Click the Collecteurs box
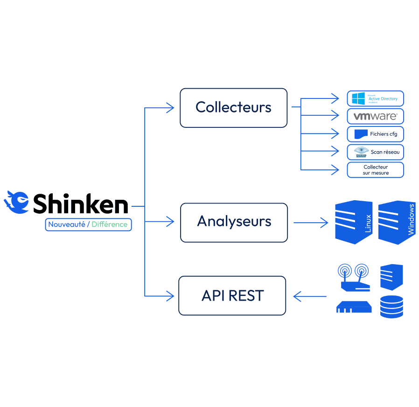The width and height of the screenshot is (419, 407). point(233,108)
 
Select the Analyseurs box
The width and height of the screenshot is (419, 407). point(234,222)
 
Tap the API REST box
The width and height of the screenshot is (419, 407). point(232,295)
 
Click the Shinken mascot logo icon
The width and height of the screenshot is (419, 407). point(16,202)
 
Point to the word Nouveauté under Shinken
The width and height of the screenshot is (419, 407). point(67,225)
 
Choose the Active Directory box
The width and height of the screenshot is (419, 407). point(376,98)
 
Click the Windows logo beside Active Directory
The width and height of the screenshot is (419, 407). point(358,98)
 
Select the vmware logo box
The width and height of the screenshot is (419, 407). point(376,116)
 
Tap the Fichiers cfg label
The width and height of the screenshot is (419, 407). point(383,134)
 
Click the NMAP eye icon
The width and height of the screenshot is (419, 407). point(361,152)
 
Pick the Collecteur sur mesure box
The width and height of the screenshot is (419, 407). point(376,170)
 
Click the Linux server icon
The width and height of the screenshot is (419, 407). point(354,222)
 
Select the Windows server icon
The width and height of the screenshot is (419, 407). point(396,222)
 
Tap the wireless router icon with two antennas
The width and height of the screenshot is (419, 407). point(354,278)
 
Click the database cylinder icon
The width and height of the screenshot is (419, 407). point(391,307)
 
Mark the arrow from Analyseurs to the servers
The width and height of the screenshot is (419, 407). point(311,223)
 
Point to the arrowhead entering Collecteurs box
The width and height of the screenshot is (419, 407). point(169,108)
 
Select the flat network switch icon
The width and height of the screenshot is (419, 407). point(354,307)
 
